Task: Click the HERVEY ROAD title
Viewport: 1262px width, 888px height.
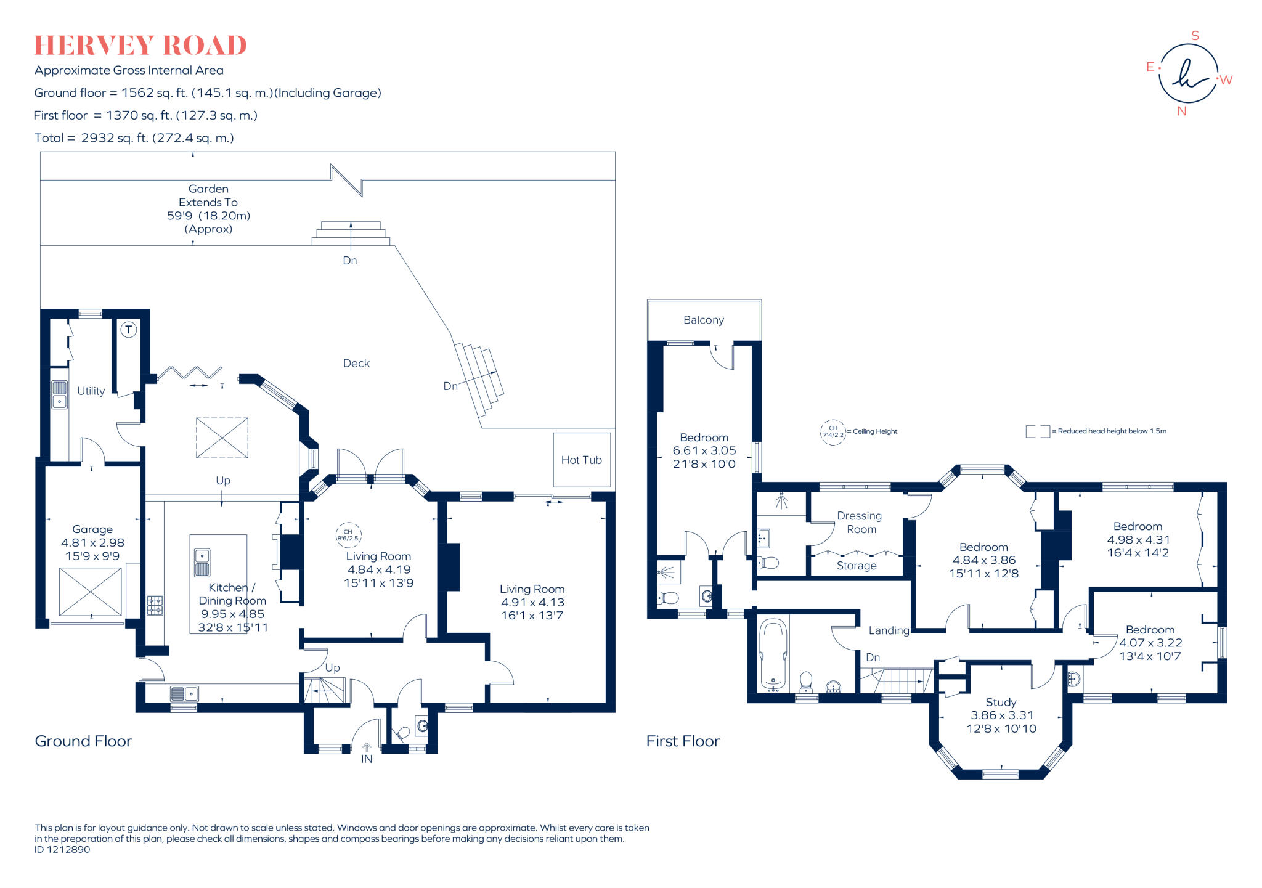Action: [140, 46]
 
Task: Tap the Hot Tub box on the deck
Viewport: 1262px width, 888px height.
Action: [582, 460]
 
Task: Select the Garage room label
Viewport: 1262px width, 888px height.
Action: [92, 529]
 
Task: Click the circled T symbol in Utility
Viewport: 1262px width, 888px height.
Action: [129, 330]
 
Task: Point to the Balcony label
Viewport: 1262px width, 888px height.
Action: [704, 320]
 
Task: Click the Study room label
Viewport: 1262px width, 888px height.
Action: [1001, 702]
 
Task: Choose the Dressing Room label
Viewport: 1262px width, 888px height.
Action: [860, 523]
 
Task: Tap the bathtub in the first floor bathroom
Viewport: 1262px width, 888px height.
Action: [773, 654]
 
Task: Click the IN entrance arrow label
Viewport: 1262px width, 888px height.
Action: [367, 759]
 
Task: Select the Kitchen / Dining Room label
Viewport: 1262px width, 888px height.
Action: [232, 594]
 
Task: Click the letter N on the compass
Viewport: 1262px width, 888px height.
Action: [1181, 111]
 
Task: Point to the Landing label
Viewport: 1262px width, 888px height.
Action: [889, 630]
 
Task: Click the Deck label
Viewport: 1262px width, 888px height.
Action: [356, 364]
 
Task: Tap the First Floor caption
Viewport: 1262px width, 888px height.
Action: [683, 741]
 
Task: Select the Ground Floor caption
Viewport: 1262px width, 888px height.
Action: [83, 741]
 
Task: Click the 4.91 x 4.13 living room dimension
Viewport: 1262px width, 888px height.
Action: [532, 602]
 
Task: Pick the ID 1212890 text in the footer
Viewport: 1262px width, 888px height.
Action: [62, 849]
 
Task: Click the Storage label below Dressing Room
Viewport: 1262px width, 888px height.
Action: [857, 566]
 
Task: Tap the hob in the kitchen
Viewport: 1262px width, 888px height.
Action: [155, 605]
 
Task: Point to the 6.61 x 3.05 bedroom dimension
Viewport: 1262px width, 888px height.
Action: [704, 450]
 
